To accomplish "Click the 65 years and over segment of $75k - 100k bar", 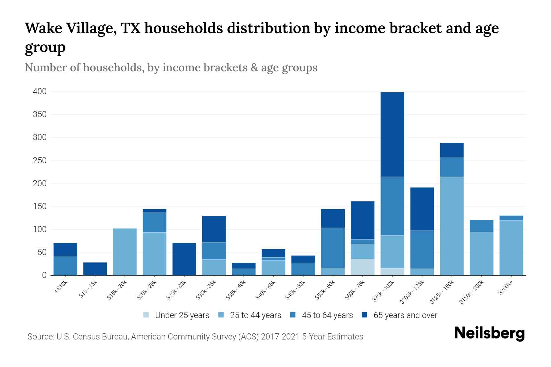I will [392, 135].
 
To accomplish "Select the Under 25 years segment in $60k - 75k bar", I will [362, 267].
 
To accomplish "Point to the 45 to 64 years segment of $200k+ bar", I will [511, 218].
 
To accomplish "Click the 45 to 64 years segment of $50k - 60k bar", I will [333, 248].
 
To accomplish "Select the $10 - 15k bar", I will [95, 269].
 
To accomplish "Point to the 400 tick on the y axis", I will [40, 91].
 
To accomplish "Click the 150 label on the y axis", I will [40, 206].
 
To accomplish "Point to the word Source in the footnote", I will [40, 337].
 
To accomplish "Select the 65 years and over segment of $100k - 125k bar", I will [422, 209].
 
